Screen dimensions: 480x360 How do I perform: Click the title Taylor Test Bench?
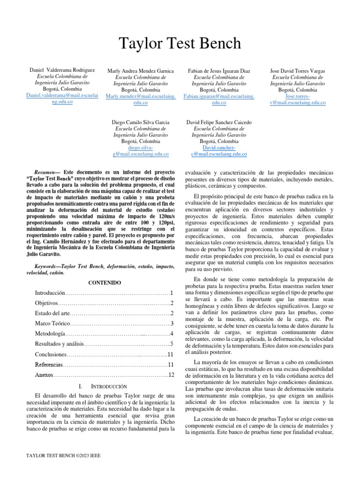180,44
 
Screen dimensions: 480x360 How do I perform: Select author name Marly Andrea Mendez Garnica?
141,71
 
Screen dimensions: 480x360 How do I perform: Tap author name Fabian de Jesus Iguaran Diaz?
219,71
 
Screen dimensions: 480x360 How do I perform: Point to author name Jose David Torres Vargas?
298,71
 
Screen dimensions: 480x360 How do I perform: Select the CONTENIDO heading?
105,283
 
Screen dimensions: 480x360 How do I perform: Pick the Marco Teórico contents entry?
52,324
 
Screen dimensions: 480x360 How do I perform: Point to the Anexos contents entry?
44,375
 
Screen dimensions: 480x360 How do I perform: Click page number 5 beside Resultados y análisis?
172,344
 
